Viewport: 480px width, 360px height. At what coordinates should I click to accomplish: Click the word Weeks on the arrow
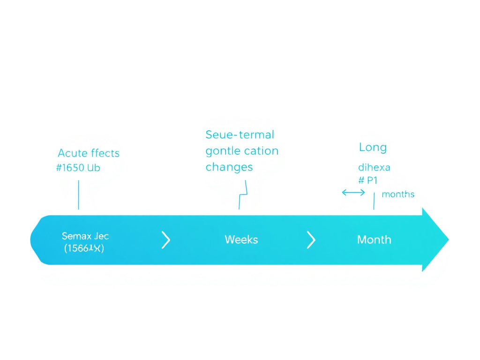pos(241,240)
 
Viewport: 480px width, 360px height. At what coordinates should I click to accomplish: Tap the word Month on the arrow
pos(374,240)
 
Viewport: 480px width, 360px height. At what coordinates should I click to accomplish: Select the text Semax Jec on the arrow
pos(85,236)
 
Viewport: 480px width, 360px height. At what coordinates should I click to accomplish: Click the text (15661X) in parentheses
pos(84,249)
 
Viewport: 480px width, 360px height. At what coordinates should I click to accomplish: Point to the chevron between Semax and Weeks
pos(165,240)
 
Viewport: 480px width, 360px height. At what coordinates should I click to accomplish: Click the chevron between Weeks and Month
pos(311,240)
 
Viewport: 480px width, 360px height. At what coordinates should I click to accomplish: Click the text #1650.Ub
pos(78,168)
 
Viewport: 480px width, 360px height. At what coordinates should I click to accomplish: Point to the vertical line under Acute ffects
pos(78,195)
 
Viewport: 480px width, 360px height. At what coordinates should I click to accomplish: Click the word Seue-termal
pos(240,135)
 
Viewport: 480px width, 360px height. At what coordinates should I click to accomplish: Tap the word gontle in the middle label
pos(223,151)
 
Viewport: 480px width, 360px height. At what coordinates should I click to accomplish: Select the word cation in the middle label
pos(261,151)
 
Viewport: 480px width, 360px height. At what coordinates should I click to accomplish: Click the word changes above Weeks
pos(229,167)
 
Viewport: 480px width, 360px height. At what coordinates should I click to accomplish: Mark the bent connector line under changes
pos(243,195)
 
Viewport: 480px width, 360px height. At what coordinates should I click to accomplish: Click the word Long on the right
pos(373,148)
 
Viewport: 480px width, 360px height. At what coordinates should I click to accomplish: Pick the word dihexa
pos(374,167)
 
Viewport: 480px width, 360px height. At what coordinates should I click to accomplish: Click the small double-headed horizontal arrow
pos(353,192)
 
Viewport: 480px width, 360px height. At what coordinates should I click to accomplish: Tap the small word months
pos(398,194)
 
